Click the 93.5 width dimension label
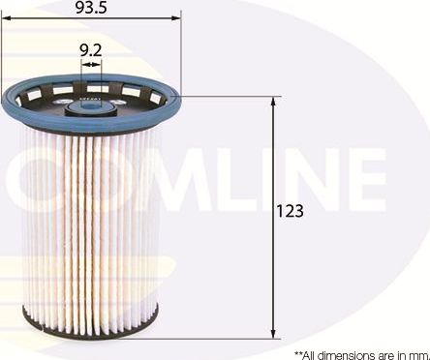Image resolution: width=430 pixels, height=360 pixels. click(90, 8)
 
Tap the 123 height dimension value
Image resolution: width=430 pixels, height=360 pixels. click(291, 211)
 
